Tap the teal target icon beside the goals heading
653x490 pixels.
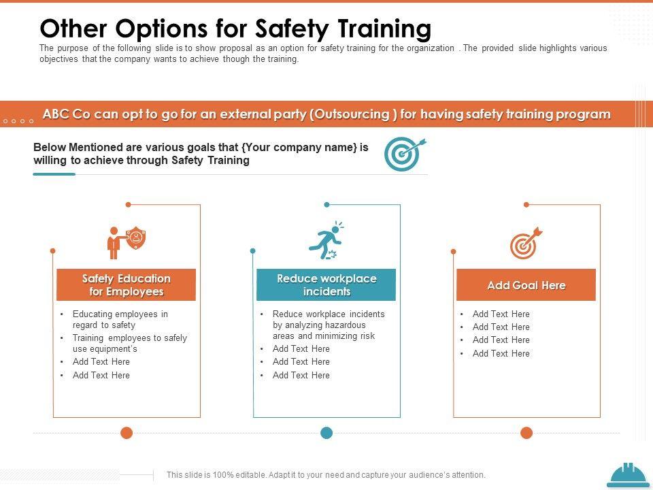tap(404, 154)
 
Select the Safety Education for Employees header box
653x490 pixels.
tap(127, 284)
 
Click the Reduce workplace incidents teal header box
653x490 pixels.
tap(326, 284)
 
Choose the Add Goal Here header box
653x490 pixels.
tap(526, 284)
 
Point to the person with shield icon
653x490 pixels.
tap(127, 242)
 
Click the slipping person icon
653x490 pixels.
tap(326, 241)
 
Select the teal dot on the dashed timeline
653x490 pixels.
tap(326, 433)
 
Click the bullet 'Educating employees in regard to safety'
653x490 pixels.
tap(120, 320)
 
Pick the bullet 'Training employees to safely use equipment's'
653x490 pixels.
tap(130, 343)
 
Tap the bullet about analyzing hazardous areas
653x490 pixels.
tap(329, 325)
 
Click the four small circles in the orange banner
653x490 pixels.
tap(18, 121)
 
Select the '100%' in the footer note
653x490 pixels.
tap(223, 474)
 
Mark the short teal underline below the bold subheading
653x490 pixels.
tap(54, 174)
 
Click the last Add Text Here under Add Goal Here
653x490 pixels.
tap(501, 353)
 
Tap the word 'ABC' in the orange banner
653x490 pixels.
tap(56, 114)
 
